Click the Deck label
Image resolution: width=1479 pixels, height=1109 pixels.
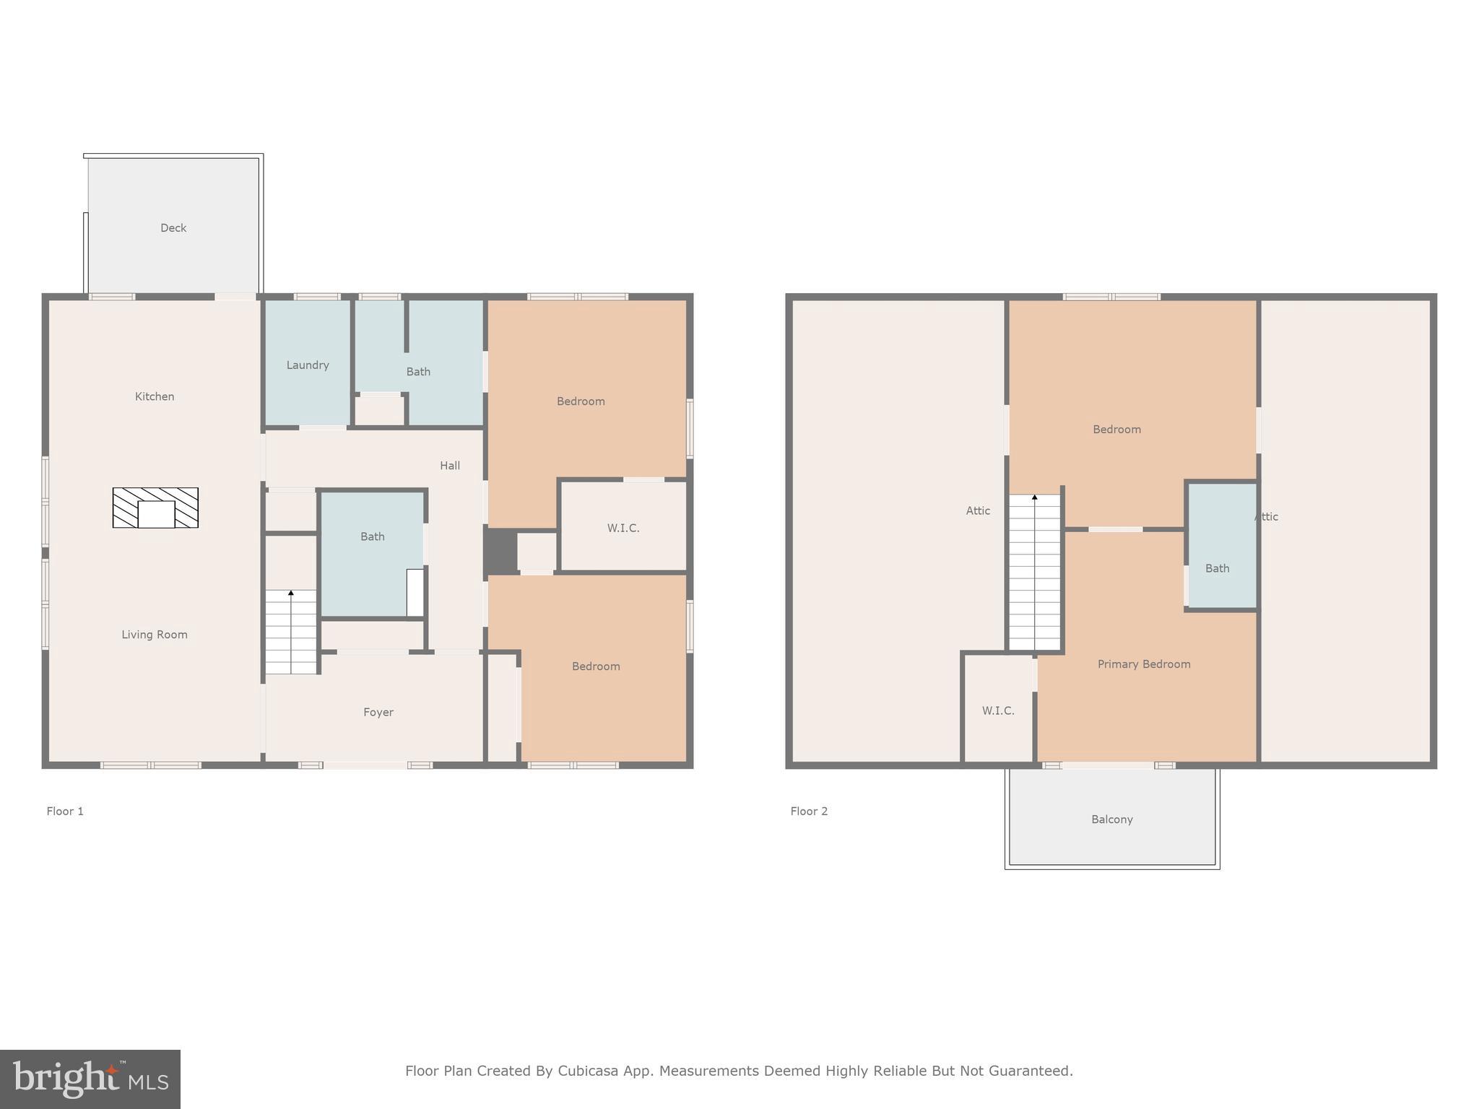(173, 228)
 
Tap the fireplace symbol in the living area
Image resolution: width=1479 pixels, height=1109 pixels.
(155, 508)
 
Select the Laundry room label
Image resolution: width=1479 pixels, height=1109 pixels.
(308, 365)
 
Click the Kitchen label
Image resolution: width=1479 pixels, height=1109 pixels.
(155, 396)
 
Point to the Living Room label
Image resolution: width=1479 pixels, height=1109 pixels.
(155, 635)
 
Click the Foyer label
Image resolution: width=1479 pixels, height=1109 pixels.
(378, 713)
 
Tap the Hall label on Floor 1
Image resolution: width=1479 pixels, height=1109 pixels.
(450, 466)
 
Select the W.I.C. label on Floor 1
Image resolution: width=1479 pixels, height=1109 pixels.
(623, 529)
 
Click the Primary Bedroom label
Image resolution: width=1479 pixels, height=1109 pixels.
(1144, 664)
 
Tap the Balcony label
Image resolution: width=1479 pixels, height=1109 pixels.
(1112, 819)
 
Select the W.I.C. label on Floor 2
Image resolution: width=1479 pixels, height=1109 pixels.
(998, 711)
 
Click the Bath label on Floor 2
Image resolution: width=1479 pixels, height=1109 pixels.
(1218, 569)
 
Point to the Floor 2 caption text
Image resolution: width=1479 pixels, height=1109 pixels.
(809, 812)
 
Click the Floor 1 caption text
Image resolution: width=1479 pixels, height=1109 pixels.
(65, 812)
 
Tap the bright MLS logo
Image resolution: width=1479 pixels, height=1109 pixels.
(90, 1079)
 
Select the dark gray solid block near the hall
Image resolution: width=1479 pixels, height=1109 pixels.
(500, 552)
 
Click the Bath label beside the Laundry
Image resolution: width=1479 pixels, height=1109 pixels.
(418, 372)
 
